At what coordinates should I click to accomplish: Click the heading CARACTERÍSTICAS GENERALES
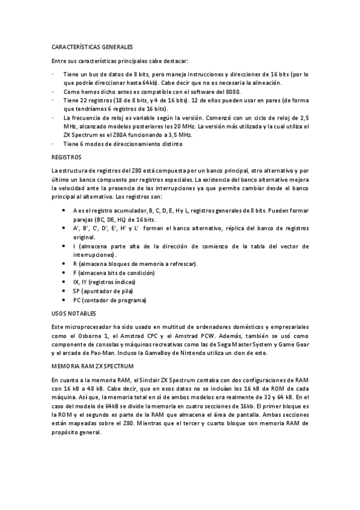point(92,46)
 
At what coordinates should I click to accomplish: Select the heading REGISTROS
point(67,156)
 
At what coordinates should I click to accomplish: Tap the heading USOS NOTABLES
point(74,313)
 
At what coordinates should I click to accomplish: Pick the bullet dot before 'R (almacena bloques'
point(64,263)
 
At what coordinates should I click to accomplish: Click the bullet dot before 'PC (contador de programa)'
point(64,300)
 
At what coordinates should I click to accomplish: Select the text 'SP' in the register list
point(76,291)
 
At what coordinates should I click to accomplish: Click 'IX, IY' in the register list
point(81,282)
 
